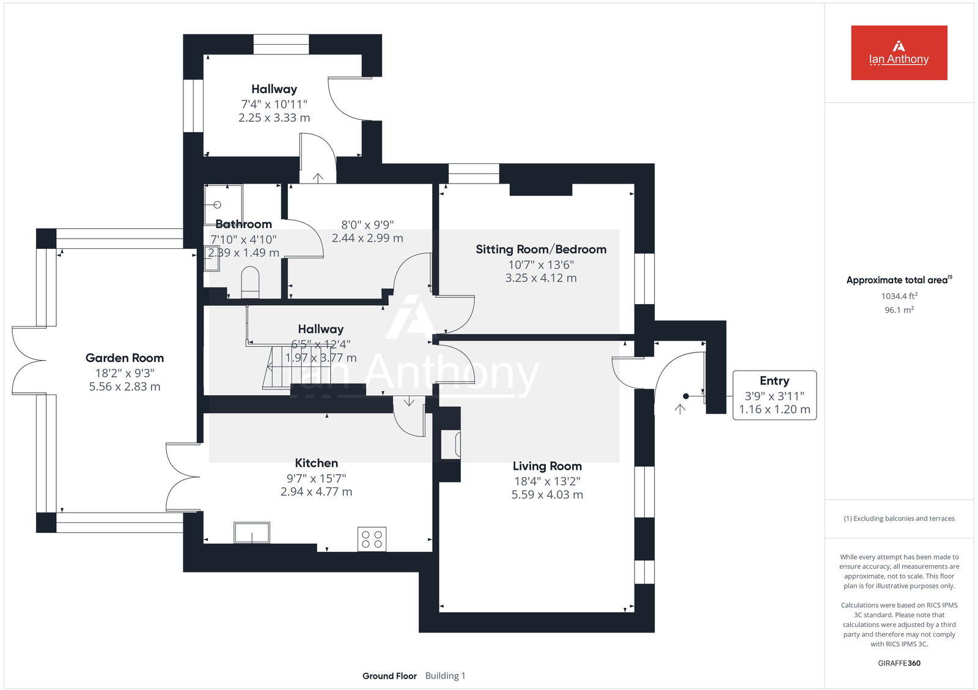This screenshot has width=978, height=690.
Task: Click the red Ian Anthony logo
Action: pyautogui.click(x=899, y=53)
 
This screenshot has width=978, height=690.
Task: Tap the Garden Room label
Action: pyautogui.click(x=125, y=358)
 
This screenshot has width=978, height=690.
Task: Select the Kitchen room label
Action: pyautogui.click(x=316, y=463)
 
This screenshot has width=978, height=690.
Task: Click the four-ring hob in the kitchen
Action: pyautogui.click(x=372, y=539)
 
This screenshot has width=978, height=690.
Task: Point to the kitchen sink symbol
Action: pyautogui.click(x=252, y=532)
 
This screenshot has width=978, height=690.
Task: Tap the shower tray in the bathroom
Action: pyautogui.click(x=222, y=204)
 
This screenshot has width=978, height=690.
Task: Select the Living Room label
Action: pyautogui.click(x=547, y=466)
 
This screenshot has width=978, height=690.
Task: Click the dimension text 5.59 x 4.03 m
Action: pyautogui.click(x=547, y=495)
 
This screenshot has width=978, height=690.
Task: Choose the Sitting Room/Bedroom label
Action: pyautogui.click(x=541, y=249)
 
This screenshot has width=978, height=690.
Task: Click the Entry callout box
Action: pyautogui.click(x=774, y=395)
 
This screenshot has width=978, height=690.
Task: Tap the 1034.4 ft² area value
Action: pyautogui.click(x=899, y=296)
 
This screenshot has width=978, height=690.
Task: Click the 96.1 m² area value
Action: pyautogui.click(x=899, y=310)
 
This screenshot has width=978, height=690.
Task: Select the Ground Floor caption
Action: pyautogui.click(x=389, y=676)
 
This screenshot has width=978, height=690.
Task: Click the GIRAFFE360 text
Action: pyautogui.click(x=899, y=663)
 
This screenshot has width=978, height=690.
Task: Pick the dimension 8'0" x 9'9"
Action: pyautogui.click(x=367, y=224)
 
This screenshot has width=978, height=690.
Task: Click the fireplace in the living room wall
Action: pyautogui.click(x=452, y=444)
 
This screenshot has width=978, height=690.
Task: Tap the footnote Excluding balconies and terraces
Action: pyautogui.click(x=899, y=519)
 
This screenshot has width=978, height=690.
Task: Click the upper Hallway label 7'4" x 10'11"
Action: pyautogui.click(x=274, y=104)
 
